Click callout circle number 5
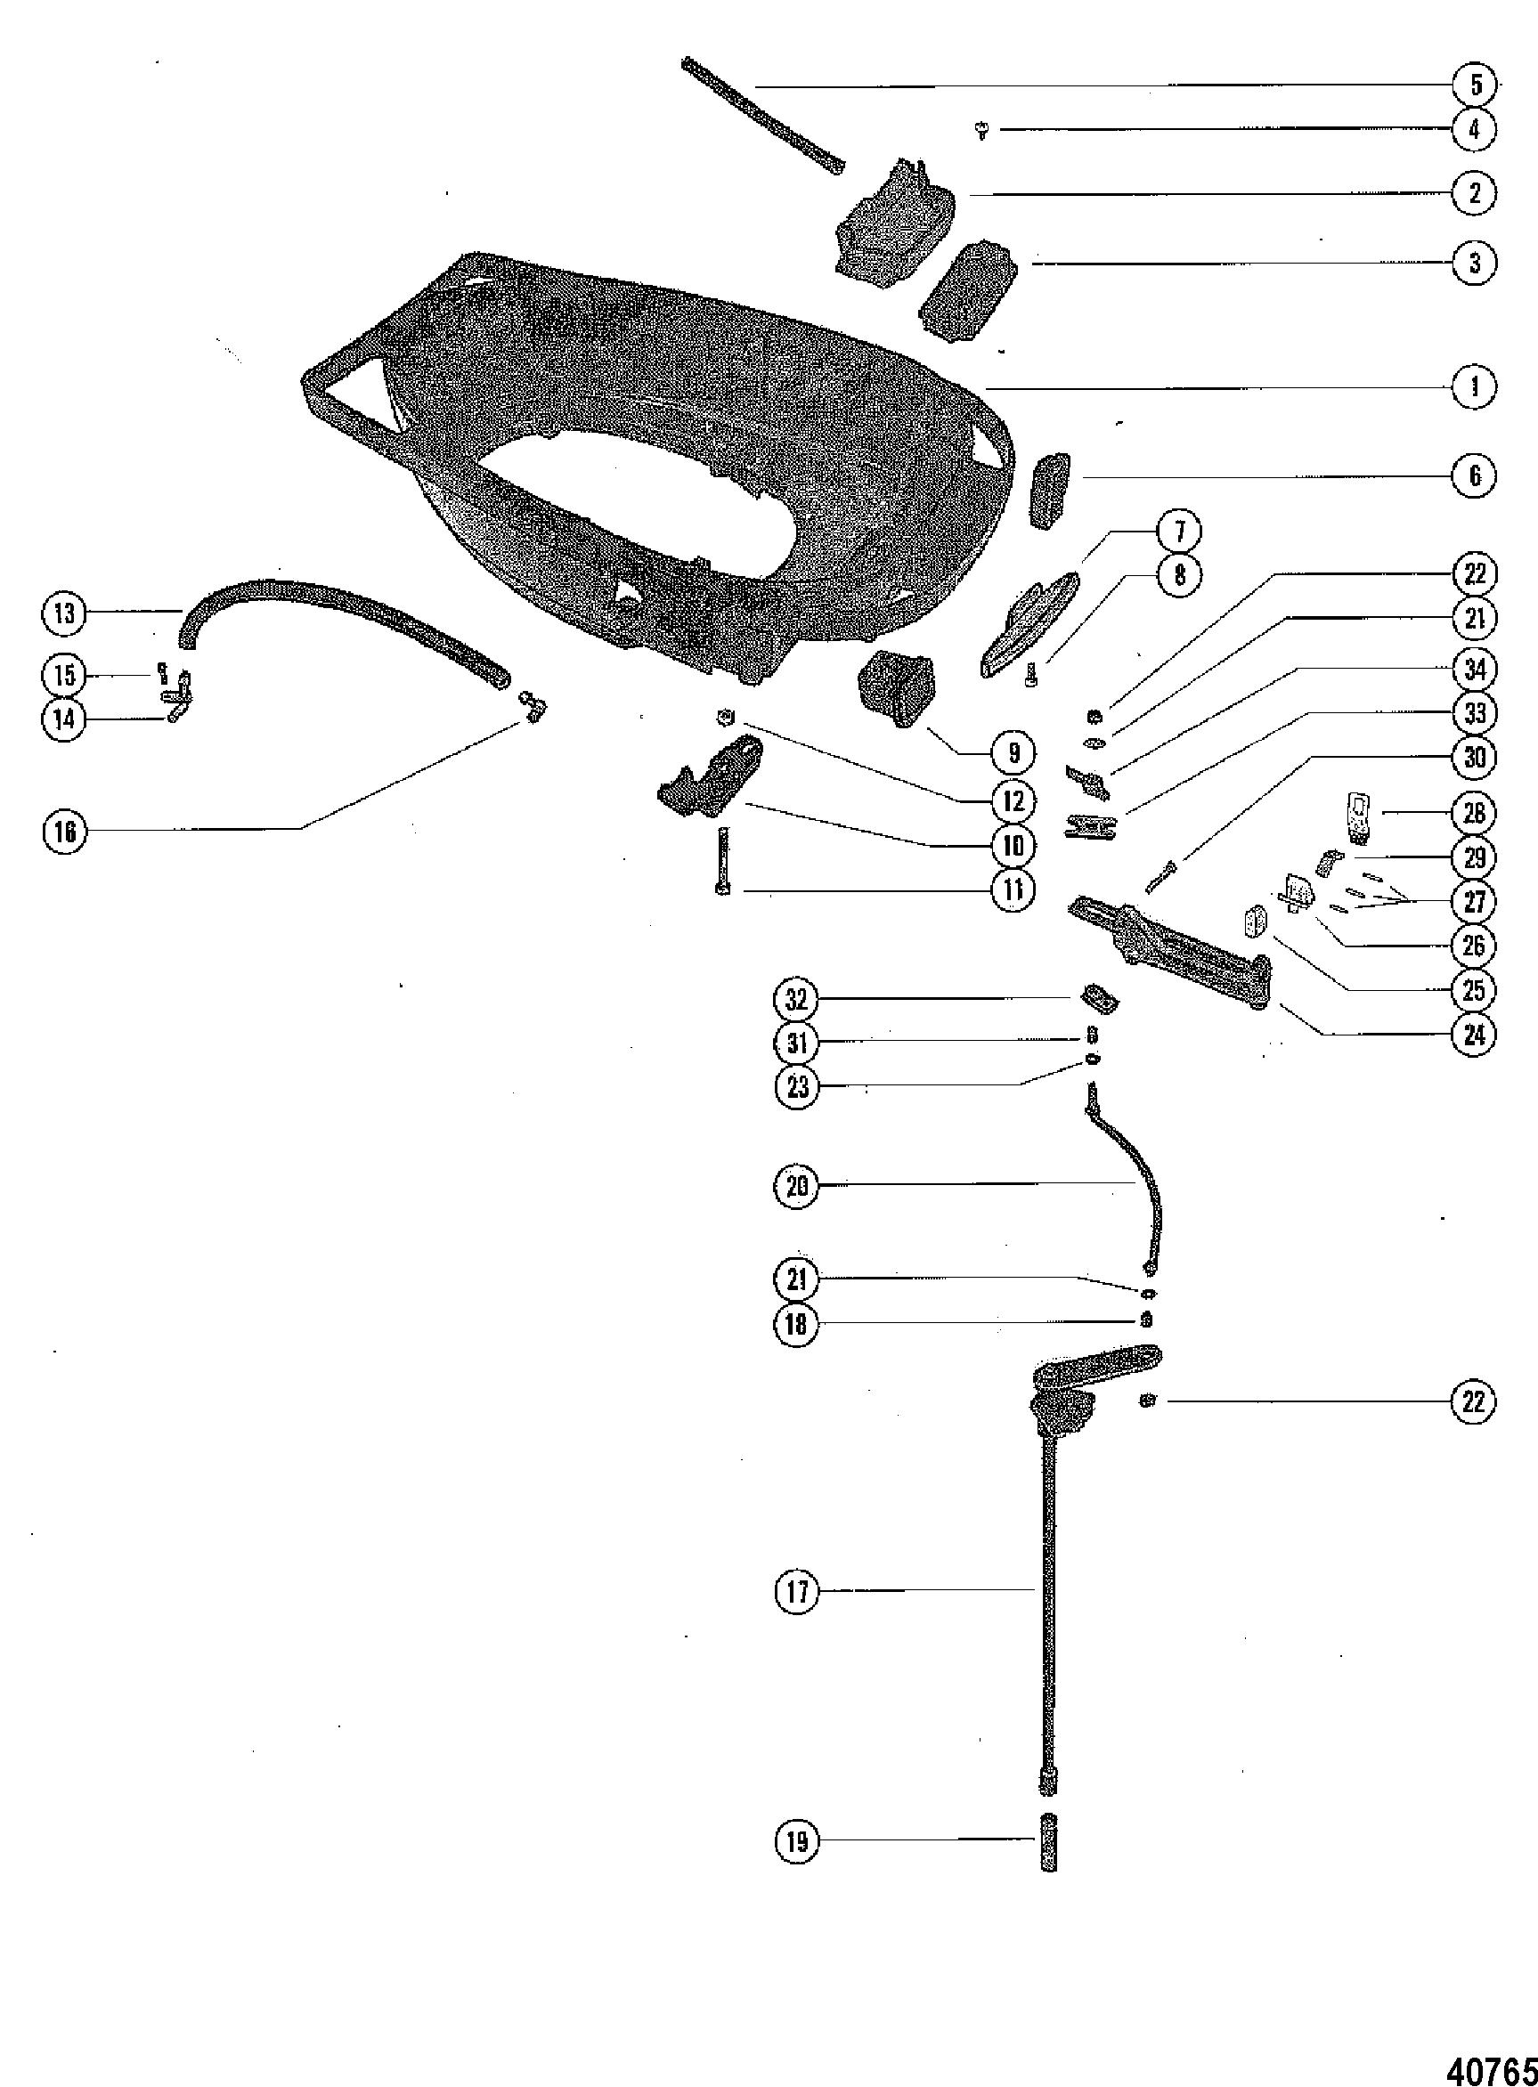[x=1475, y=85]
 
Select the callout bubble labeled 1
[x=1475, y=387]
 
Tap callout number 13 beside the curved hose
[x=65, y=613]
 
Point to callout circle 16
[x=65, y=832]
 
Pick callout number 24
[x=1475, y=1035]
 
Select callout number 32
[x=797, y=1000]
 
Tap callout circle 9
[x=1014, y=753]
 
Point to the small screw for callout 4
[x=981, y=132]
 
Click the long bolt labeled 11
[x=723, y=862]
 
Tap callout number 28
[x=1475, y=813]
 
